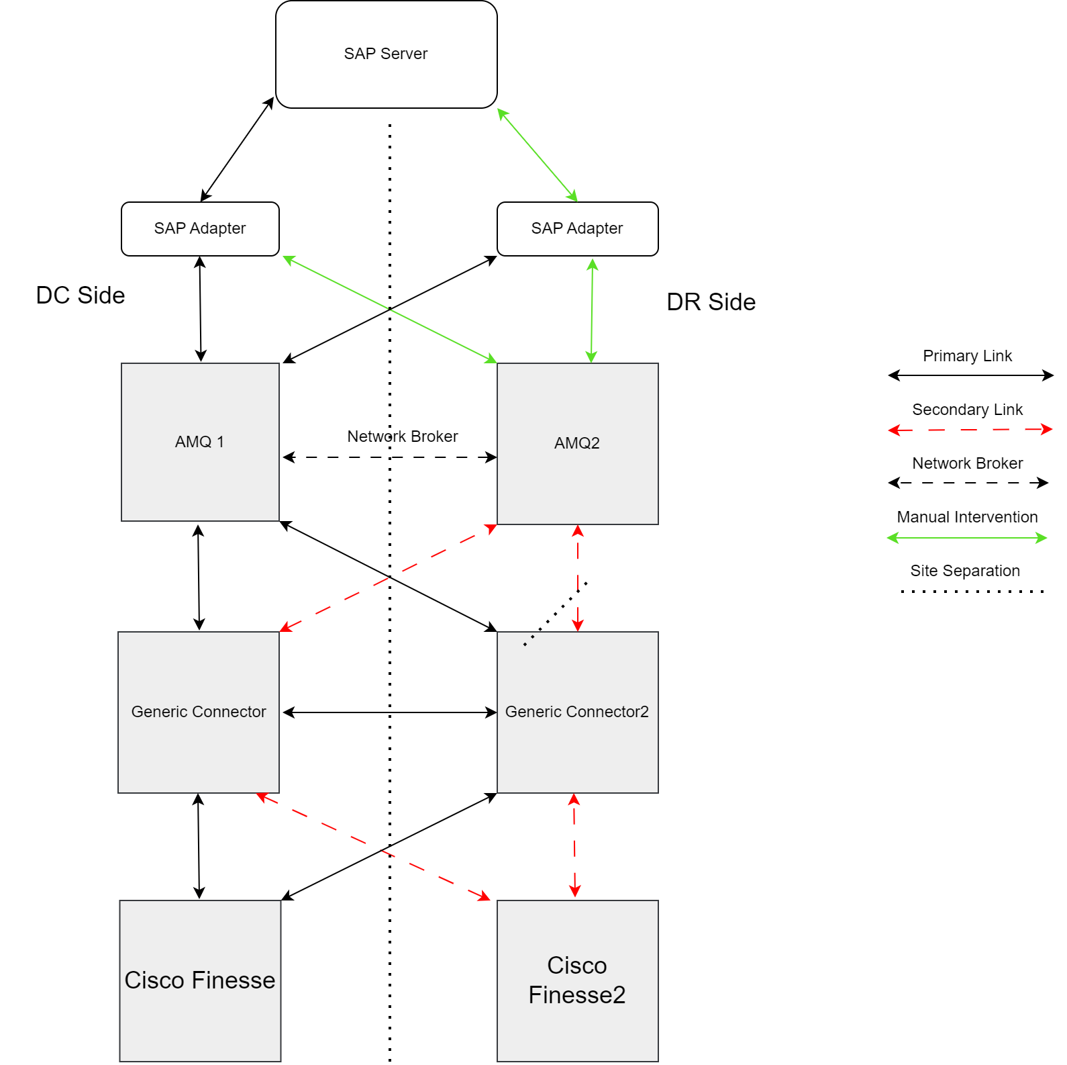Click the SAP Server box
[x=386, y=54]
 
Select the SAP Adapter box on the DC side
[x=200, y=229]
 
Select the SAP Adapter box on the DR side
[x=577, y=229]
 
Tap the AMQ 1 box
[x=200, y=442]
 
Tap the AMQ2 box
[x=577, y=443]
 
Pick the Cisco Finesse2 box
[x=577, y=980]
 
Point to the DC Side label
[x=81, y=295]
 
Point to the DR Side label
[x=711, y=302]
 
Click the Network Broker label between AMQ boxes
[x=403, y=436]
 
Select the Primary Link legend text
[x=967, y=356]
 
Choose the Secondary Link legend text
[x=967, y=410]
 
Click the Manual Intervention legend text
[x=967, y=517]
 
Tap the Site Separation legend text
[x=965, y=571]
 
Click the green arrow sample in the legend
[x=967, y=538]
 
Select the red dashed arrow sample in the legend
[x=970, y=430]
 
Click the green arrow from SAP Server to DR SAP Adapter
[x=537, y=154]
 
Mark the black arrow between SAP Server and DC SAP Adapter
[x=238, y=149]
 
